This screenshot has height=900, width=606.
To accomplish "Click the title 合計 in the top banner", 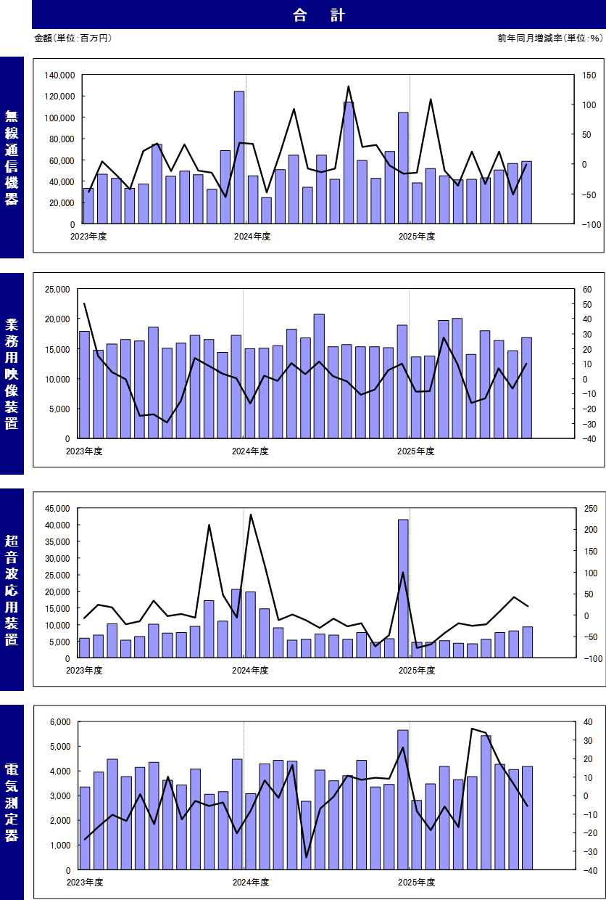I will point(319,15).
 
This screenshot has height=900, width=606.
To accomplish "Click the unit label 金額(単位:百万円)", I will point(73,38).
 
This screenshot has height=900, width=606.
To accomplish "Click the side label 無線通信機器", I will point(12,157).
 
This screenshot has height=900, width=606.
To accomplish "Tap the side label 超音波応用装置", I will point(12,589).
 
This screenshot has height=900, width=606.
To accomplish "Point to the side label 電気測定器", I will point(12,802).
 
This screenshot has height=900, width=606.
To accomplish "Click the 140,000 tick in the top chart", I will point(60,75).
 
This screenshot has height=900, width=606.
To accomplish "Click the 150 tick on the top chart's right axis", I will point(588,75).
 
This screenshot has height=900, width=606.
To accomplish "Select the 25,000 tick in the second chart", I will point(57,289).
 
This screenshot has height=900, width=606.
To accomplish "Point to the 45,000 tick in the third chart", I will point(57,508).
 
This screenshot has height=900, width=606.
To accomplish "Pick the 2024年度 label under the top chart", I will point(252,236).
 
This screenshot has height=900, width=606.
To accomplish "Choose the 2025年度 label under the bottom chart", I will point(417,882).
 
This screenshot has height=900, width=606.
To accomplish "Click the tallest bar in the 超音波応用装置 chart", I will point(403,588).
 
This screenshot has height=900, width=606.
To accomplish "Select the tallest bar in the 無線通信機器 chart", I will point(239,157).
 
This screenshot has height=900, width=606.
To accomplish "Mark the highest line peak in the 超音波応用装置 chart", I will point(251,515).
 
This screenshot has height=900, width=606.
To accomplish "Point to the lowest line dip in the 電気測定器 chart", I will point(307,857).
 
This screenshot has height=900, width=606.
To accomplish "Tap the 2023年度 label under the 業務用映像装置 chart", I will point(85,451).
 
